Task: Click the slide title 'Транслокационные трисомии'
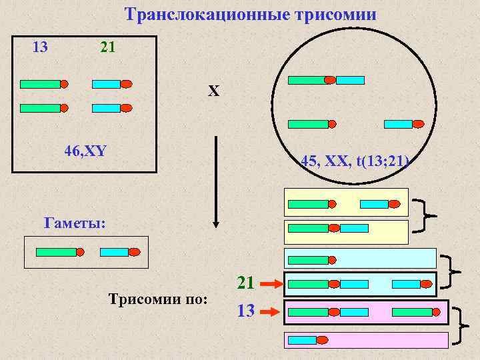pyautogui.click(x=250, y=14)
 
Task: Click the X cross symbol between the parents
pyautogui.click(x=213, y=91)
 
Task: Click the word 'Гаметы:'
pyautogui.click(x=74, y=222)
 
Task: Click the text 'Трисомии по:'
pyautogui.click(x=158, y=297)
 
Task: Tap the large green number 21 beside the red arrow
pyautogui.click(x=246, y=283)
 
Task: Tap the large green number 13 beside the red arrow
pyautogui.click(x=246, y=310)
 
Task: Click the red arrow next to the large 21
pyautogui.click(x=271, y=285)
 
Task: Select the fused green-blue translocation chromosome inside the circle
pyautogui.click(x=326, y=80)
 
